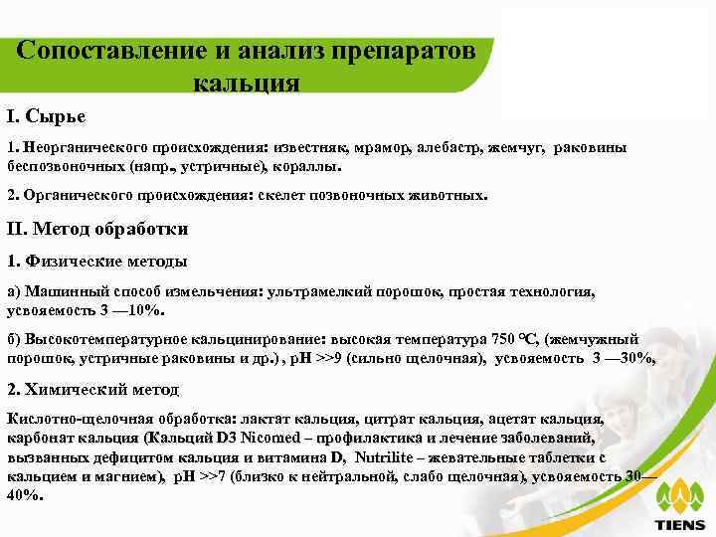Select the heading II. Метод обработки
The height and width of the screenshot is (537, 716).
97,229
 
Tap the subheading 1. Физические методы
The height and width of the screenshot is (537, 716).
96,261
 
